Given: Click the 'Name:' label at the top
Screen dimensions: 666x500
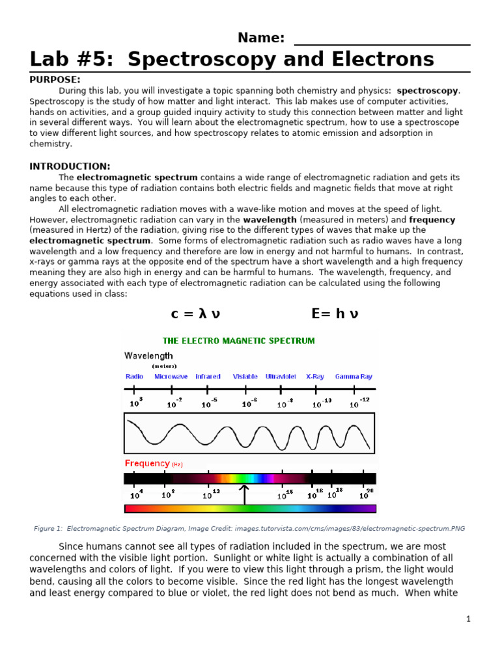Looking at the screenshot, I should [260, 38].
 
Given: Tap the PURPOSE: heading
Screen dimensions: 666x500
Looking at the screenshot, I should [55, 79].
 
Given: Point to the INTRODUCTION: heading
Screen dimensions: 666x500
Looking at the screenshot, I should [70, 166].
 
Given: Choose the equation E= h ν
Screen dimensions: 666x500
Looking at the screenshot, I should [335, 314].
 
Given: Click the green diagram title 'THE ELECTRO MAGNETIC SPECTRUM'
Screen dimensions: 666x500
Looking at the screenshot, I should [238, 341].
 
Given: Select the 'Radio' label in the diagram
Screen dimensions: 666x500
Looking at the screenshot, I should [134, 377].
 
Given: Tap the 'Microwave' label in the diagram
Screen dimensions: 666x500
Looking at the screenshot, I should [171, 377].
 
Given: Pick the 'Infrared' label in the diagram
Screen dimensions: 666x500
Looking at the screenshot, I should [208, 377].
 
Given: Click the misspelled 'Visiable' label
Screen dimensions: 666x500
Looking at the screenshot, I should [245, 377].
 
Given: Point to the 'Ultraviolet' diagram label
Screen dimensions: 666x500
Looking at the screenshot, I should [281, 377].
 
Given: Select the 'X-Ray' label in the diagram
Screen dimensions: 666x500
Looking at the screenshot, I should [316, 377].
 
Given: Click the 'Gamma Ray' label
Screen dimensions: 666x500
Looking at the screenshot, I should [354, 377].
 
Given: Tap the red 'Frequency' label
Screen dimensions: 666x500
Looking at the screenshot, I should [147, 464].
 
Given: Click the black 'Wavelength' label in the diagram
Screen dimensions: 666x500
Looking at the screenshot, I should [148, 356].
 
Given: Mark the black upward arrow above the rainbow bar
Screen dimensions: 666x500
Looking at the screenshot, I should [245, 494].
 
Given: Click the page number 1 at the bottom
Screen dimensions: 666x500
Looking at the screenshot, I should [468, 619].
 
